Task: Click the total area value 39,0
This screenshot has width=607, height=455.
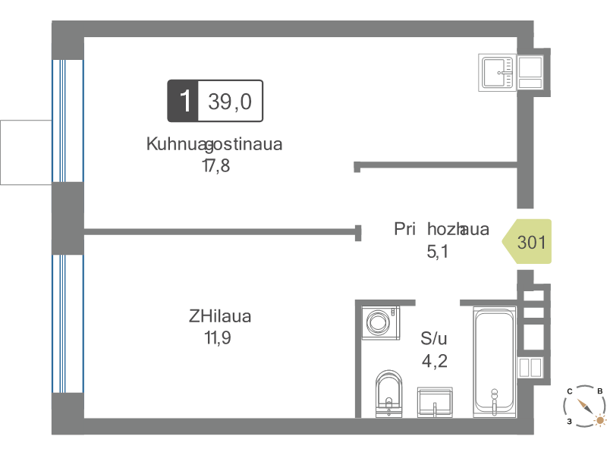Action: point(230,102)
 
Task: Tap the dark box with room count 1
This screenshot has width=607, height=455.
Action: point(183,101)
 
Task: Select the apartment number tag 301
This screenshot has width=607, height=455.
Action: point(527,242)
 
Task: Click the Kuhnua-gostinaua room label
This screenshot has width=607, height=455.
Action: point(214,144)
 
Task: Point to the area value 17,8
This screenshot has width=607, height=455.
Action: point(216,165)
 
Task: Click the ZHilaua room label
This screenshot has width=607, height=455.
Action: point(220,316)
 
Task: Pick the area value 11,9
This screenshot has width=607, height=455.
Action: point(218,337)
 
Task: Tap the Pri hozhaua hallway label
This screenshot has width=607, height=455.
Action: point(442,229)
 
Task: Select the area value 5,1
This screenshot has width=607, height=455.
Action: point(438,252)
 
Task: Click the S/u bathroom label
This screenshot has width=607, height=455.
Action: point(433,338)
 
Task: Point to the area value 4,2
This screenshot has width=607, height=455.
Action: point(435,361)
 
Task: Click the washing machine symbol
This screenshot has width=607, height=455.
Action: point(381,323)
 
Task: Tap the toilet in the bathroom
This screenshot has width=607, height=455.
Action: point(389,394)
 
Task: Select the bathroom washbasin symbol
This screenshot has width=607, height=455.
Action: point(435,403)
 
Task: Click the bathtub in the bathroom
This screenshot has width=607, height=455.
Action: point(495,362)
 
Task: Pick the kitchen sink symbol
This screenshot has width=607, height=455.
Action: point(498,73)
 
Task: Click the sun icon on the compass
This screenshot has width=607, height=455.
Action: point(600,420)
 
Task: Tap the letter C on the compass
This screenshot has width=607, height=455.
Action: point(570,391)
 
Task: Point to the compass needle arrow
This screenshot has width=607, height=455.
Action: point(585,406)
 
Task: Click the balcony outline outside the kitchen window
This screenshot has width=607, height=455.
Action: point(26,152)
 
